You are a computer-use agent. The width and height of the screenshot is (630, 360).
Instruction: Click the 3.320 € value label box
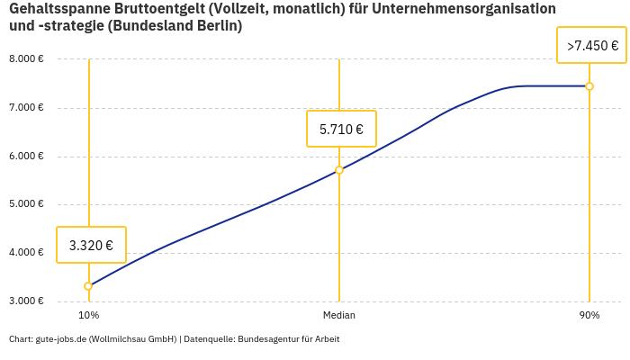tap(91, 245)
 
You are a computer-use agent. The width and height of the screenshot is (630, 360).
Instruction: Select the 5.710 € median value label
tap(341, 129)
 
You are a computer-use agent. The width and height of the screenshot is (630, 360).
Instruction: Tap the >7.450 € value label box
tap(592, 45)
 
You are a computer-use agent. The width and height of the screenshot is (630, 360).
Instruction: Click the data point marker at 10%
tap(88, 286)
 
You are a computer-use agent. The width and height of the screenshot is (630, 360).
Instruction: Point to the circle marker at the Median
tap(339, 170)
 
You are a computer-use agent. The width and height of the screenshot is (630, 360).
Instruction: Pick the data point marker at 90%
tap(589, 86)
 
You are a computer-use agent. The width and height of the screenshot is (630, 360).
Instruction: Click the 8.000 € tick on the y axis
tap(26, 59)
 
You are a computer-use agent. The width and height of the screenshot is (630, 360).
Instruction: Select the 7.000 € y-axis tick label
tap(26, 108)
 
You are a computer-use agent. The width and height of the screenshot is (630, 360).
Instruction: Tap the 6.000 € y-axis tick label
tap(26, 157)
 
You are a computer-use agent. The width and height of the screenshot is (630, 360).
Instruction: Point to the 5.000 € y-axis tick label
tap(26, 204)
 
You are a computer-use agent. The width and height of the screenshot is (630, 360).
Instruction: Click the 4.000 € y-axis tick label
tap(26, 253)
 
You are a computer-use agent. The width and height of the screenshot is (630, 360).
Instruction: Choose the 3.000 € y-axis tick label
tap(26, 301)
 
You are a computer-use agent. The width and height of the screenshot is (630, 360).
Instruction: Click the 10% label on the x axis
tap(88, 316)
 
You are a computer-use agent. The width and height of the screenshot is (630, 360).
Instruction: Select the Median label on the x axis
tap(339, 316)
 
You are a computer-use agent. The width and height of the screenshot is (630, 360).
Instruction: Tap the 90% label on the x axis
tap(589, 316)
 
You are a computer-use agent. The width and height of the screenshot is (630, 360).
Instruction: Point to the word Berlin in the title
tap(221, 26)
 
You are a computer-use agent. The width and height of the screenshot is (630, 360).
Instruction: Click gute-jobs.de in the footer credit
tap(60, 339)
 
